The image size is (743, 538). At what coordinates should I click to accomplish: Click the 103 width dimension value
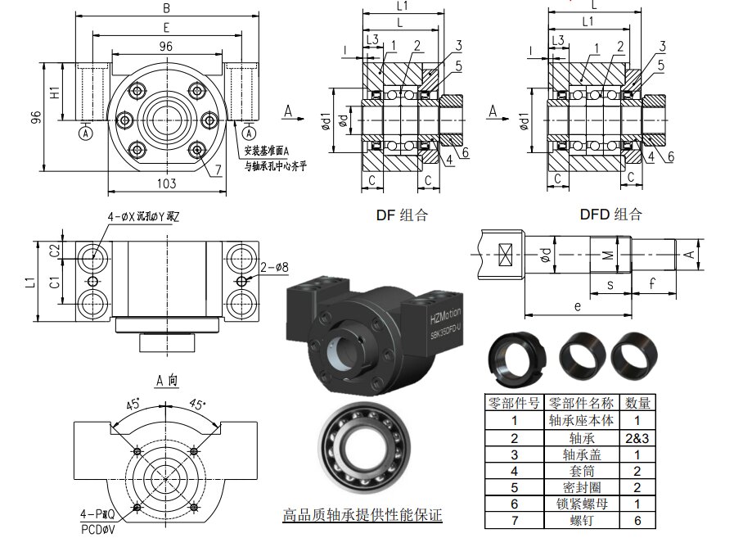point(166,183)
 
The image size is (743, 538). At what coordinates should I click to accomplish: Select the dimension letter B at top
point(166,8)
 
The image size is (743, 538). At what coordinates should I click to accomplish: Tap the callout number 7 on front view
point(218,170)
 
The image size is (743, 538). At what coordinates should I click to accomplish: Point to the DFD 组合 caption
point(610,215)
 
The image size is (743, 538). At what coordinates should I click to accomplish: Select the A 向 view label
point(166,381)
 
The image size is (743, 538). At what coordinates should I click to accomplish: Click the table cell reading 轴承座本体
point(581,421)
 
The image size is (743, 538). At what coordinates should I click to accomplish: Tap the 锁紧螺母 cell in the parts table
point(581,504)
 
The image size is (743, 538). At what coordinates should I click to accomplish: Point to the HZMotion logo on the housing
point(445,315)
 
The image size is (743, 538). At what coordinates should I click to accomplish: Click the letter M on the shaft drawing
point(606,255)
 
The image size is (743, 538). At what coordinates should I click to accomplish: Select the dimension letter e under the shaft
point(578,305)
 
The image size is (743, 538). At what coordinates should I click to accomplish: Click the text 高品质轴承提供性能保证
point(362,515)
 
